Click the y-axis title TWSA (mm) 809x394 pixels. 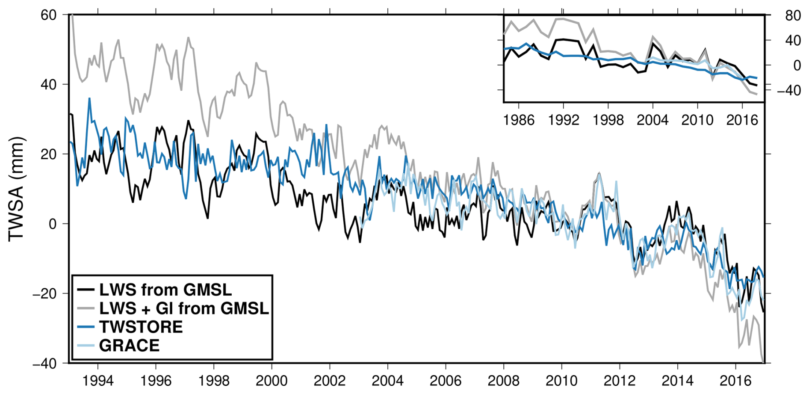point(16,189)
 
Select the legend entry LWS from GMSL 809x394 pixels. point(165,290)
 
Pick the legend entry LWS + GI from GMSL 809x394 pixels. point(184,308)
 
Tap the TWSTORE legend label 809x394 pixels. point(141,327)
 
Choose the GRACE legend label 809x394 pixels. point(129,345)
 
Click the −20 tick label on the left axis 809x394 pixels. point(45,294)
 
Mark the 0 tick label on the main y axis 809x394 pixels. point(53,224)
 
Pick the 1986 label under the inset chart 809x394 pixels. point(519,120)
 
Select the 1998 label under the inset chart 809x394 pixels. point(608,120)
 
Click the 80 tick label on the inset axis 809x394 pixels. point(793,16)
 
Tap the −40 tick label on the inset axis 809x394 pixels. point(788,90)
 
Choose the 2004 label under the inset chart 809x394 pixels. point(653,120)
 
